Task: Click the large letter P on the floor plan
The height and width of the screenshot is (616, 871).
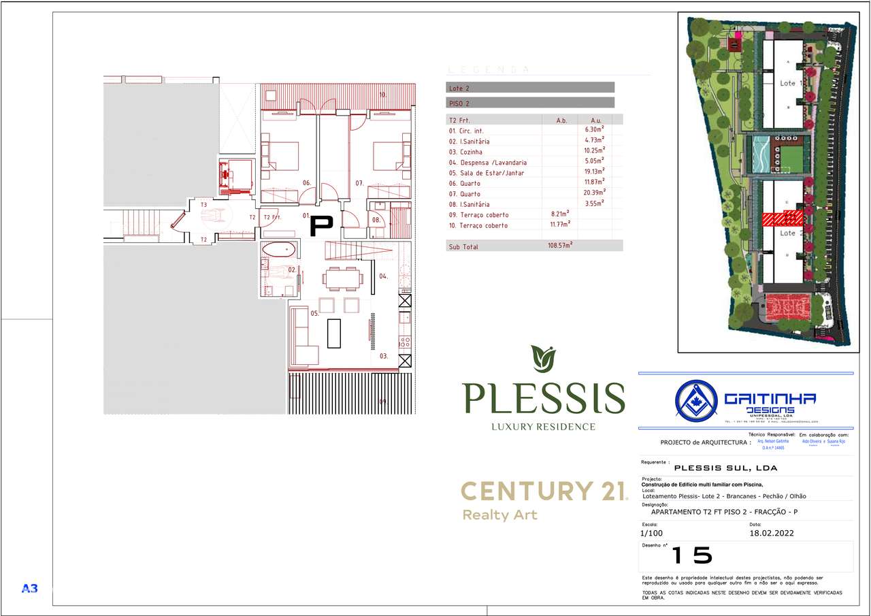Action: coord(321,226)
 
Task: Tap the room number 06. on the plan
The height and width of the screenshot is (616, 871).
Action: coord(307,182)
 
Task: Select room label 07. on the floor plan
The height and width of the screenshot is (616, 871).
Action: coord(359,182)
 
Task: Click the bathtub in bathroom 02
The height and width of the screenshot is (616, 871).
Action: coord(279,248)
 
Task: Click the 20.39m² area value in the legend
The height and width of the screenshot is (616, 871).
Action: coord(594,193)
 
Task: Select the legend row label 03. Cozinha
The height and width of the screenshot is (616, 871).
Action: coord(467,152)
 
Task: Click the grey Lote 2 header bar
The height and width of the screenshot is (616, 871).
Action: coord(530,88)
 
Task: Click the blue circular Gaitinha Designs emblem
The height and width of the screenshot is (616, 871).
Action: coord(696,399)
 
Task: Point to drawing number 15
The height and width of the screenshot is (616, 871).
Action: coord(691,555)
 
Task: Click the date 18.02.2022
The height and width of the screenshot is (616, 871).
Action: coord(771,534)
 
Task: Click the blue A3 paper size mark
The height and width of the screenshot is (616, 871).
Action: coord(30,588)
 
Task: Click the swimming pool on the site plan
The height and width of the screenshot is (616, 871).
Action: coord(760,155)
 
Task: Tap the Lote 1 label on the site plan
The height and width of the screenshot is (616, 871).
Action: coord(787,83)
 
